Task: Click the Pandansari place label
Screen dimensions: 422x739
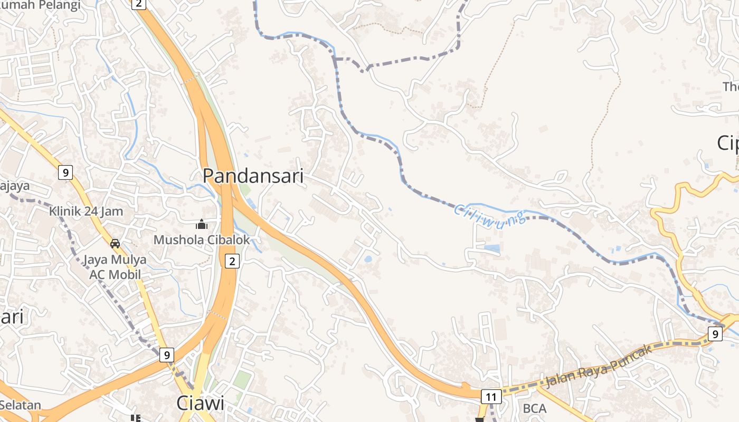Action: click(x=253, y=176)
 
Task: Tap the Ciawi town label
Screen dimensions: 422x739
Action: click(x=200, y=404)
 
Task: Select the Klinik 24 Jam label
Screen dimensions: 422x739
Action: click(x=86, y=212)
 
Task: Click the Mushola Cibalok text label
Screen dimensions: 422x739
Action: click(x=202, y=240)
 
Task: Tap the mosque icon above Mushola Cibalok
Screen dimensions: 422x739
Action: click(x=202, y=225)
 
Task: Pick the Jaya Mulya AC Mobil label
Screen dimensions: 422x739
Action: click(x=115, y=267)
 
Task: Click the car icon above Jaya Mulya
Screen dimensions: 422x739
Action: click(x=115, y=244)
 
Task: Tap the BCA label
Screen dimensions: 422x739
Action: click(x=534, y=409)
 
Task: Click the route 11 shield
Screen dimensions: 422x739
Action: click(x=491, y=396)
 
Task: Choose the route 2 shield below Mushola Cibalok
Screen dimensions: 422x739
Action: click(x=232, y=261)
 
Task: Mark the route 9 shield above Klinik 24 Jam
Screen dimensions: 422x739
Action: click(x=65, y=172)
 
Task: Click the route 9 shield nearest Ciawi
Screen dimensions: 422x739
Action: click(x=167, y=355)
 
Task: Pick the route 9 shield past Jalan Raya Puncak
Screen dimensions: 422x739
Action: click(x=715, y=334)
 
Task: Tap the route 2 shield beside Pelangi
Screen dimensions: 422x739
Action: click(x=139, y=4)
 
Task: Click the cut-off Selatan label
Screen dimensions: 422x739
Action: click(x=21, y=405)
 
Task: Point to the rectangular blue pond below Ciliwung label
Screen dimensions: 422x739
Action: click(x=491, y=247)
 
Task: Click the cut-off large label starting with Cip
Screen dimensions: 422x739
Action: click(x=728, y=143)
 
